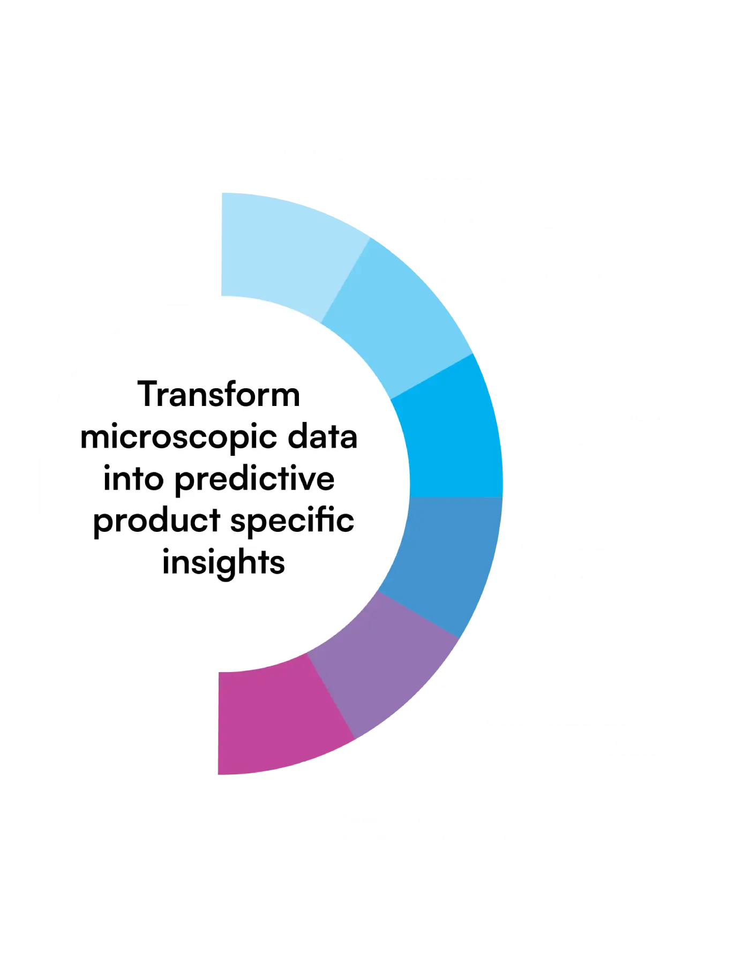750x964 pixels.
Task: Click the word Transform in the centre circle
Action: (219, 395)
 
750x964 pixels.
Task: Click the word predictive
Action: (254, 478)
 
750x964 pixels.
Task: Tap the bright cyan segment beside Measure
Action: (450, 439)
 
